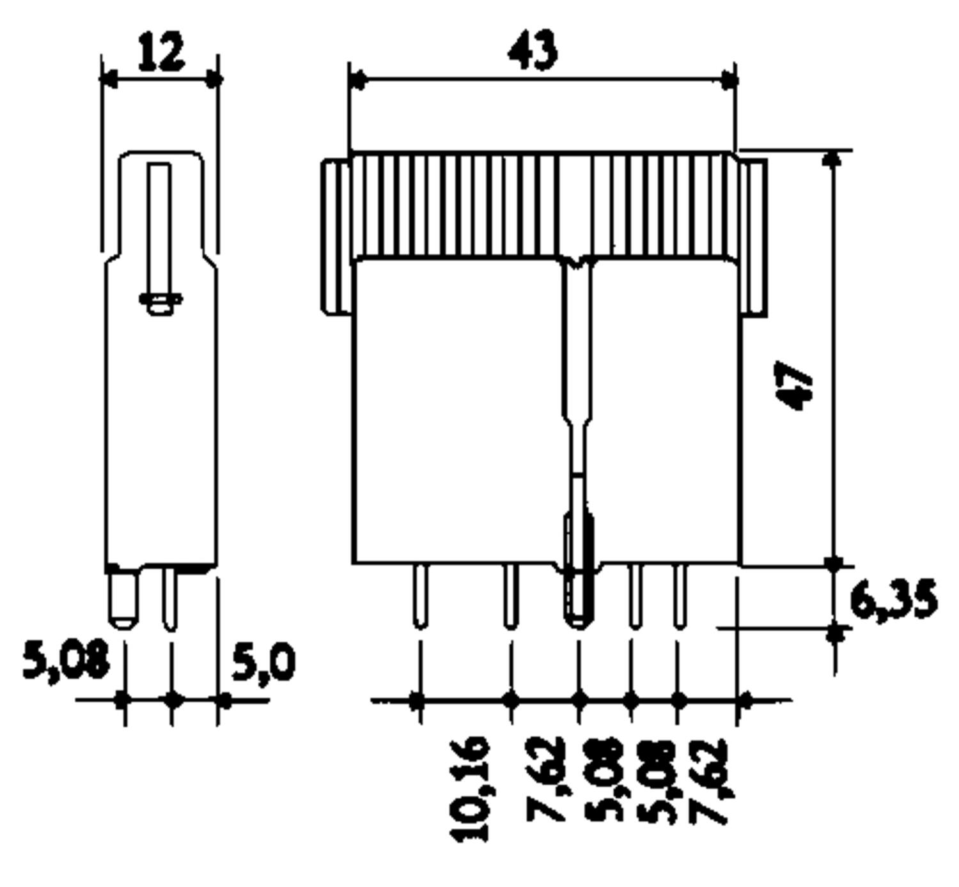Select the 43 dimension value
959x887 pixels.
click(x=533, y=50)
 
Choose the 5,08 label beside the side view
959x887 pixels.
click(x=66, y=659)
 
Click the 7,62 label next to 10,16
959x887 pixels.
click(x=545, y=780)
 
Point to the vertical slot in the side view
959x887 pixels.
click(x=159, y=230)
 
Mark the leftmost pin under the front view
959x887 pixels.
click(x=420, y=596)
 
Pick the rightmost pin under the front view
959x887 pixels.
click(x=680, y=596)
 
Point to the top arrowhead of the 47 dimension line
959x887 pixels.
click(x=833, y=158)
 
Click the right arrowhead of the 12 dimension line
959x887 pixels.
click(x=213, y=80)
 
